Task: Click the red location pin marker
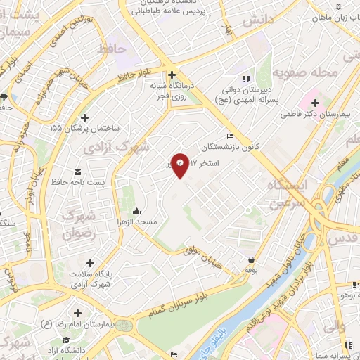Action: [x=180, y=165]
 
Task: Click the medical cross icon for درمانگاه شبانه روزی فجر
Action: [x=172, y=74]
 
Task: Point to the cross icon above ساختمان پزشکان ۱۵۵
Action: [x=85, y=117]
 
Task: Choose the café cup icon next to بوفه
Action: [x=251, y=258]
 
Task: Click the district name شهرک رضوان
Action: [x=79, y=224]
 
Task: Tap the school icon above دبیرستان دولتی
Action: [x=245, y=79]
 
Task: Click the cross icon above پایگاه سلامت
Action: [x=90, y=262]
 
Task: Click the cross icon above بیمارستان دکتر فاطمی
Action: [x=316, y=103]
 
